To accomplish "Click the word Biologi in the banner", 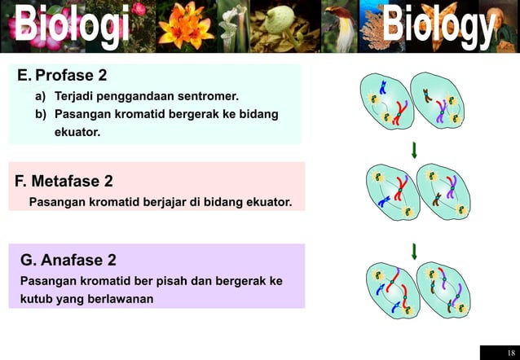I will (71, 27).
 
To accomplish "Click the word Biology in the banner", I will (438, 27).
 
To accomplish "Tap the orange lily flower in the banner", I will (185, 27).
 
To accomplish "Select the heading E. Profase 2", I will (62, 76).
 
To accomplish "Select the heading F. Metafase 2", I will (64, 181).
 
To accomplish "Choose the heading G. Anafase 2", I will (68, 261).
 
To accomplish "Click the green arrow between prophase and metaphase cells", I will (415, 150).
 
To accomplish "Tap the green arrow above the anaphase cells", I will (415, 251).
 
